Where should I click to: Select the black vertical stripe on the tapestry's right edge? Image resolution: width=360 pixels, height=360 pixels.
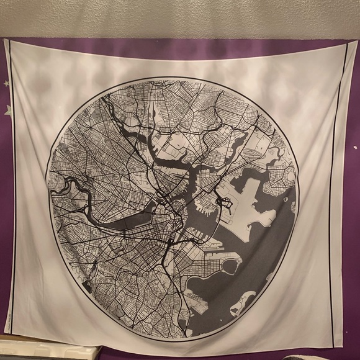coord(340,186)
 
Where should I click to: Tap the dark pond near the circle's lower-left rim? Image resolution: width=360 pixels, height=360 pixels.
coord(87,287)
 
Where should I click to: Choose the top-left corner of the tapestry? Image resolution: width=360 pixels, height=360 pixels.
coord(6,41)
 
